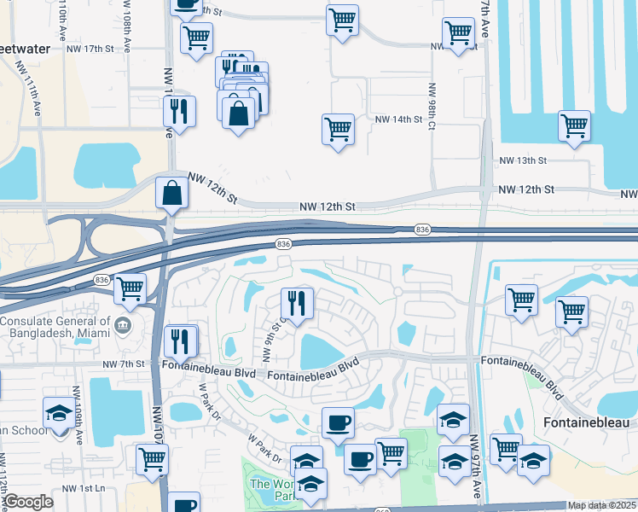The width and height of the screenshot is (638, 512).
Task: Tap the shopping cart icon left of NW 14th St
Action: pyautogui.click(x=339, y=130)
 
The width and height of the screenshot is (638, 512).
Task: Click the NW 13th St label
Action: pyautogui.click(x=522, y=160)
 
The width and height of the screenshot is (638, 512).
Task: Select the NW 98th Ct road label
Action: pyautogui.click(x=432, y=107)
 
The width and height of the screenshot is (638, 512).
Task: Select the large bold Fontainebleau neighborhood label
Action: pyautogui.click(x=587, y=423)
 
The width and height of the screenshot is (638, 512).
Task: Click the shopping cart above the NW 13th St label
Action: pyautogui.click(x=575, y=125)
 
